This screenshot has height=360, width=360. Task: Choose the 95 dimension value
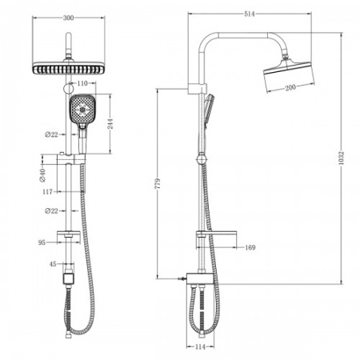[x=42, y=239]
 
